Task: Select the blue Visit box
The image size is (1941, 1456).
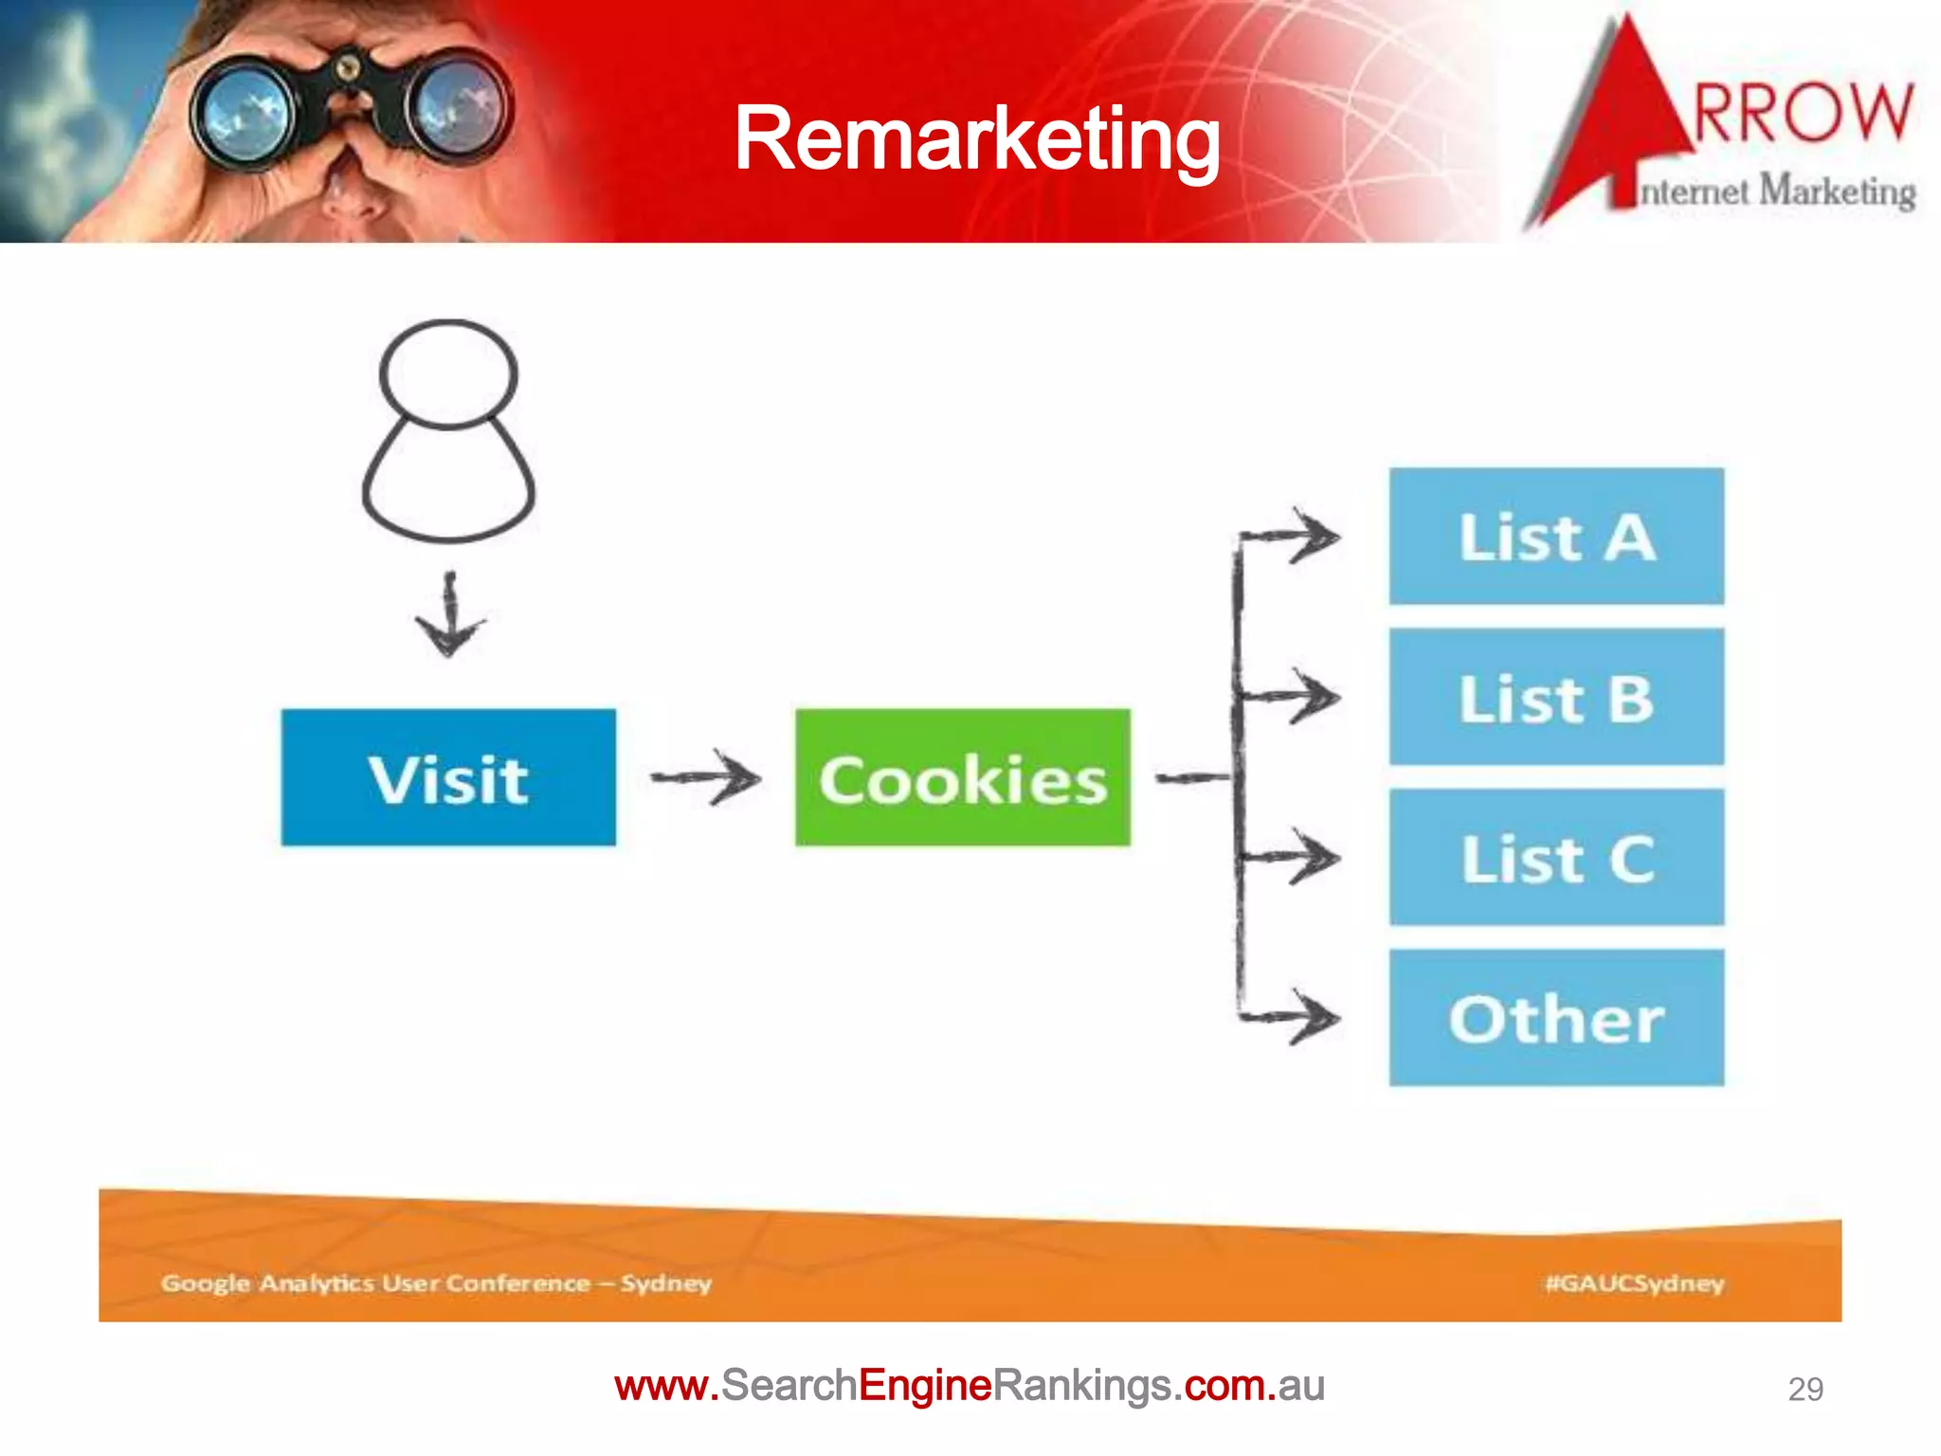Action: [448, 777]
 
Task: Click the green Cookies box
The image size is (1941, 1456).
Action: [962, 777]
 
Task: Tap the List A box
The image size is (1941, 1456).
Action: [1556, 537]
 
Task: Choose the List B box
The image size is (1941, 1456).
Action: [1556, 697]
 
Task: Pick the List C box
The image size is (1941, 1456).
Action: [1556, 857]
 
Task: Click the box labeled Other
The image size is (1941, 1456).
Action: [1556, 1018]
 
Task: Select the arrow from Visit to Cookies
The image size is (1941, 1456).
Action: [706, 778]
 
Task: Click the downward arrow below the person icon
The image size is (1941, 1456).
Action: [450, 616]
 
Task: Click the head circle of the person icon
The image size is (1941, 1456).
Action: [449, 373]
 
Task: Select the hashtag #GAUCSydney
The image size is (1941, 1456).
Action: [1634, 1283]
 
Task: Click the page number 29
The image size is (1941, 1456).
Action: [1805, 1389]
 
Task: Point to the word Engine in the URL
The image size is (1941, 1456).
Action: [925, 1386]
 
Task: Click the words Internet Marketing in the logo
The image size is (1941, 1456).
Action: [1777, 191]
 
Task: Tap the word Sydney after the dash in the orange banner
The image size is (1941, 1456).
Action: [666, 1283]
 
